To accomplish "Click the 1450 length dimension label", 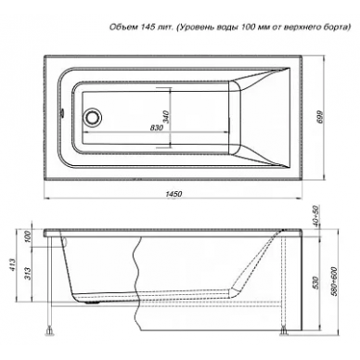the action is point(174,194).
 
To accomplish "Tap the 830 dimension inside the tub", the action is point(157,128).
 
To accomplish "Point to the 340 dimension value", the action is point(166,117).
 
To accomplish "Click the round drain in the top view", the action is point(92,117).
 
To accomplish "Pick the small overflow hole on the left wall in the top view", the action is point(62,112).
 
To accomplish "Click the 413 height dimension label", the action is point(11,265).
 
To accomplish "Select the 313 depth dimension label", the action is point(27,273).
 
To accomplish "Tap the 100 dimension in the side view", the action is point(27,237).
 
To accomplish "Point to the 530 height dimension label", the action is point(315,282).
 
